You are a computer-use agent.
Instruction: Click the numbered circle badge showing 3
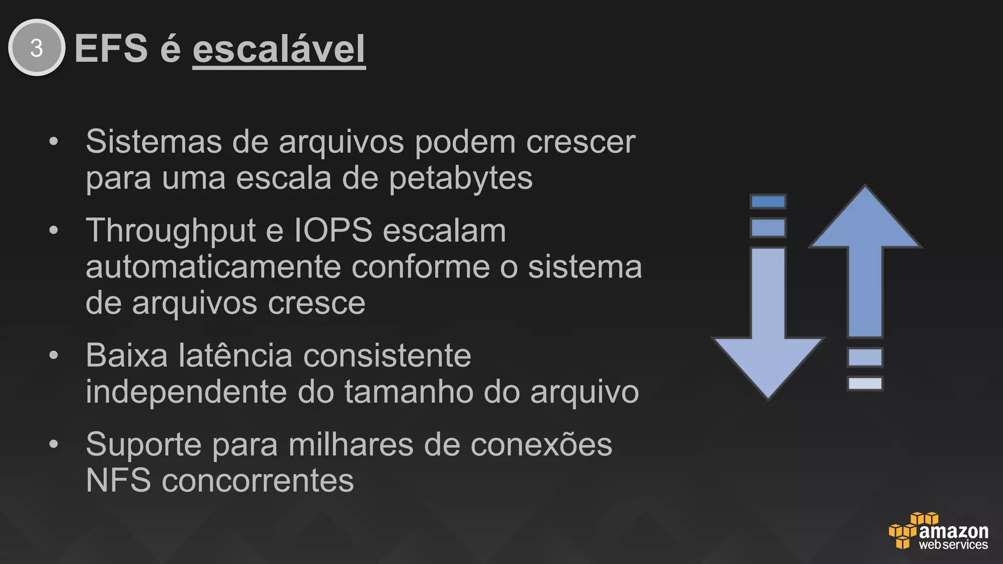37,47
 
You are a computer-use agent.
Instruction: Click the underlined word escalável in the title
279,49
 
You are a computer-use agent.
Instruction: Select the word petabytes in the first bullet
460,178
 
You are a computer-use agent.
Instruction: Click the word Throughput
171,230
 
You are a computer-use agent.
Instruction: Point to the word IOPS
333,230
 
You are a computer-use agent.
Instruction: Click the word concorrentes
258,481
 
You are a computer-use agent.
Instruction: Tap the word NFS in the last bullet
118,481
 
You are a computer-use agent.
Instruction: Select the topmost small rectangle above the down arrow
768,202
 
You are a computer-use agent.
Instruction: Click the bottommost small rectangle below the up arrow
865,383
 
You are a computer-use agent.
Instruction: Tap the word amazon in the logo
954,531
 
